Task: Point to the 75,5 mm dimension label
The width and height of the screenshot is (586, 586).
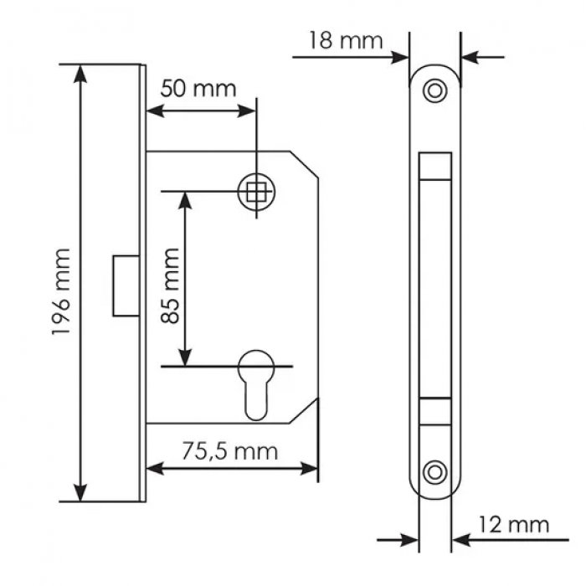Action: click(x=229, y=452)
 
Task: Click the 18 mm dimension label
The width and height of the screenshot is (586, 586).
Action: click(x=345, y=39)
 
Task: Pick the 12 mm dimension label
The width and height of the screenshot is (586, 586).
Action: click(x=513, y=525)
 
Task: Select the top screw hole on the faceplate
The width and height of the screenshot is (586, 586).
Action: click(x=434, y=90)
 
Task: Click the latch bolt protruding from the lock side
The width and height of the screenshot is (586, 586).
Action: click(x=123, y=285)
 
